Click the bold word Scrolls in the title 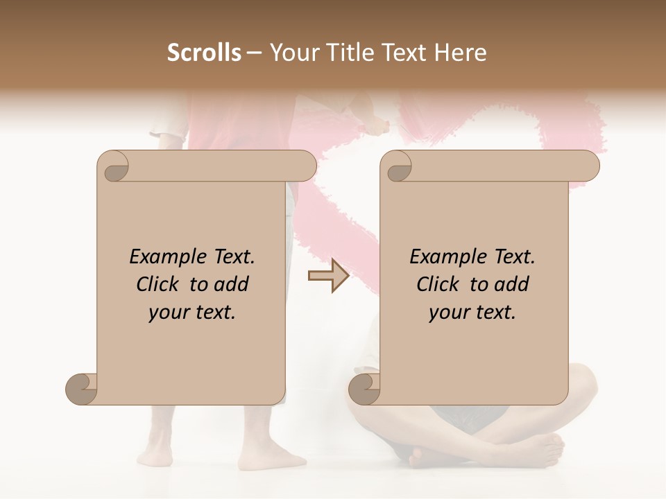204,53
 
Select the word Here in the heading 461,53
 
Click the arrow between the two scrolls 328,276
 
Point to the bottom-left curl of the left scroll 82,389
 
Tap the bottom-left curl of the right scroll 364,389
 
